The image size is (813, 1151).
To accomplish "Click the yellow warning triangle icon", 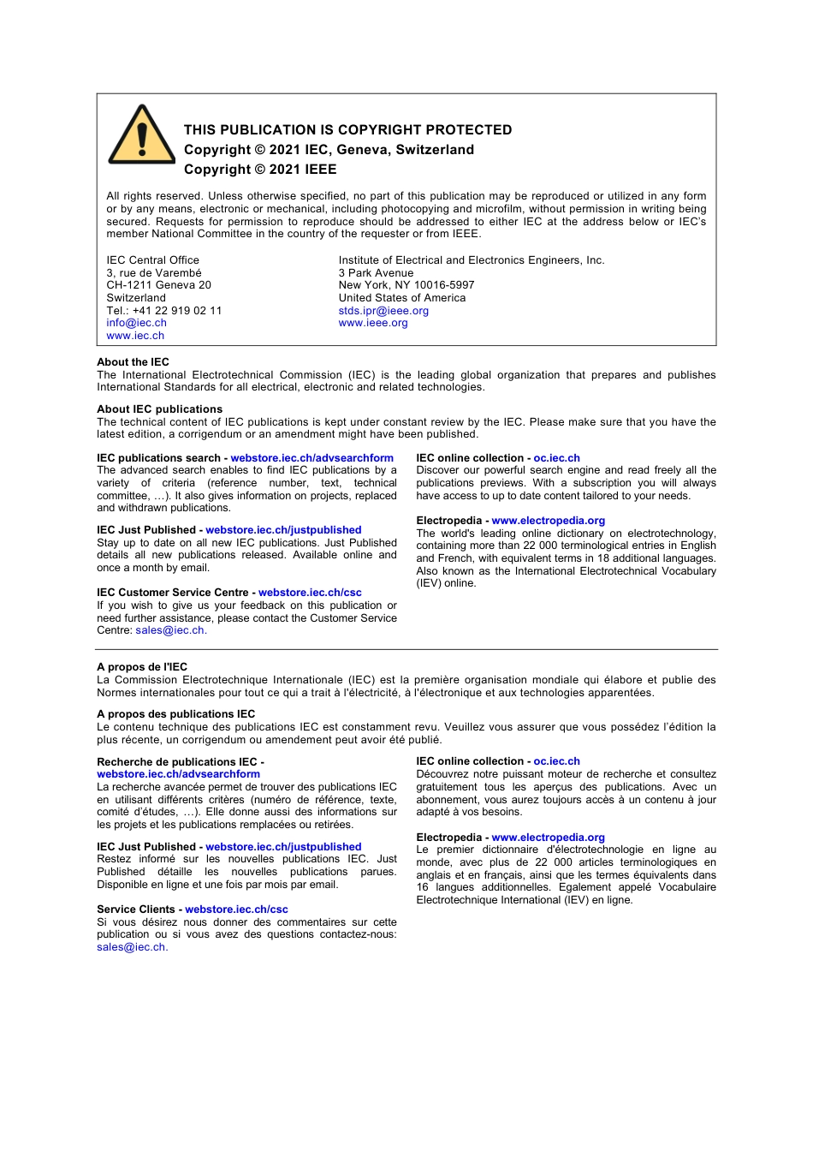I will click(142, 137).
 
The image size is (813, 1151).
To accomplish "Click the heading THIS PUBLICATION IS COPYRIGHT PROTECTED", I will click(347, 130).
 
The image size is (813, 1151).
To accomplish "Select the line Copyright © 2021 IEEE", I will click(260, 170).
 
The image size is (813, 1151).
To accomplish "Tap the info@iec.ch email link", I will click(136, 323).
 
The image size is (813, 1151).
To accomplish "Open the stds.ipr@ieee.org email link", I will click(383, 311).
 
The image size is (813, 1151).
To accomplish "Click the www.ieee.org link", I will click(373, 323).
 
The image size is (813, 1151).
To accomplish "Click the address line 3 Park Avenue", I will click(376, 273).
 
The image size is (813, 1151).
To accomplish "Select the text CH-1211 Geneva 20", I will click(158, 285).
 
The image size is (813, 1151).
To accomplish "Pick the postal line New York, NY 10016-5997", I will click(406, 285).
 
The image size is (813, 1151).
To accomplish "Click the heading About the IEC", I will click(133, 362).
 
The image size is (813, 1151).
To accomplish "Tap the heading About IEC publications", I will click(159, 409).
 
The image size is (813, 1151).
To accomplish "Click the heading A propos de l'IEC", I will click(142, 667).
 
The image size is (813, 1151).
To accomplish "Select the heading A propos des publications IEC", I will click(175, 714).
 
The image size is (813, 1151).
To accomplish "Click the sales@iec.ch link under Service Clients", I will click(131, 947).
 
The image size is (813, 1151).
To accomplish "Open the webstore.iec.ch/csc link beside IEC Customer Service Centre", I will click(310, 593).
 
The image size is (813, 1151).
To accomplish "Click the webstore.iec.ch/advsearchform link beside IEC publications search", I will click(312, 458).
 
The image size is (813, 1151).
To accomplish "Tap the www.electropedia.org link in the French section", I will click(548, 838).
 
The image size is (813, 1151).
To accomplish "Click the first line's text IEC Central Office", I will click(152, 260).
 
